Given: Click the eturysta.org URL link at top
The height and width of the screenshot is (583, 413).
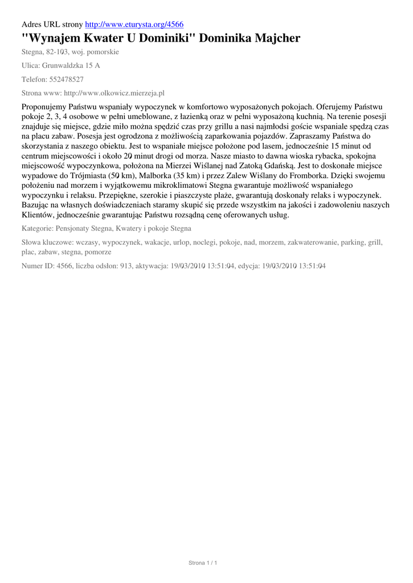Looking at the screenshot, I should click(x=134, y=24).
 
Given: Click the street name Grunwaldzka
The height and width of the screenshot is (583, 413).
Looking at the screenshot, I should click(x=64, y=65).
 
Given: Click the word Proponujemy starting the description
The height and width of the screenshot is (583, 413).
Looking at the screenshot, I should click(x=44, y=107).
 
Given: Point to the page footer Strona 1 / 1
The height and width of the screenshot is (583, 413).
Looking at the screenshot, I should click(x=203, y=563).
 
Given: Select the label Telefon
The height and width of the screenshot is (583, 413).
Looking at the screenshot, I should click(x=34, y=79).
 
